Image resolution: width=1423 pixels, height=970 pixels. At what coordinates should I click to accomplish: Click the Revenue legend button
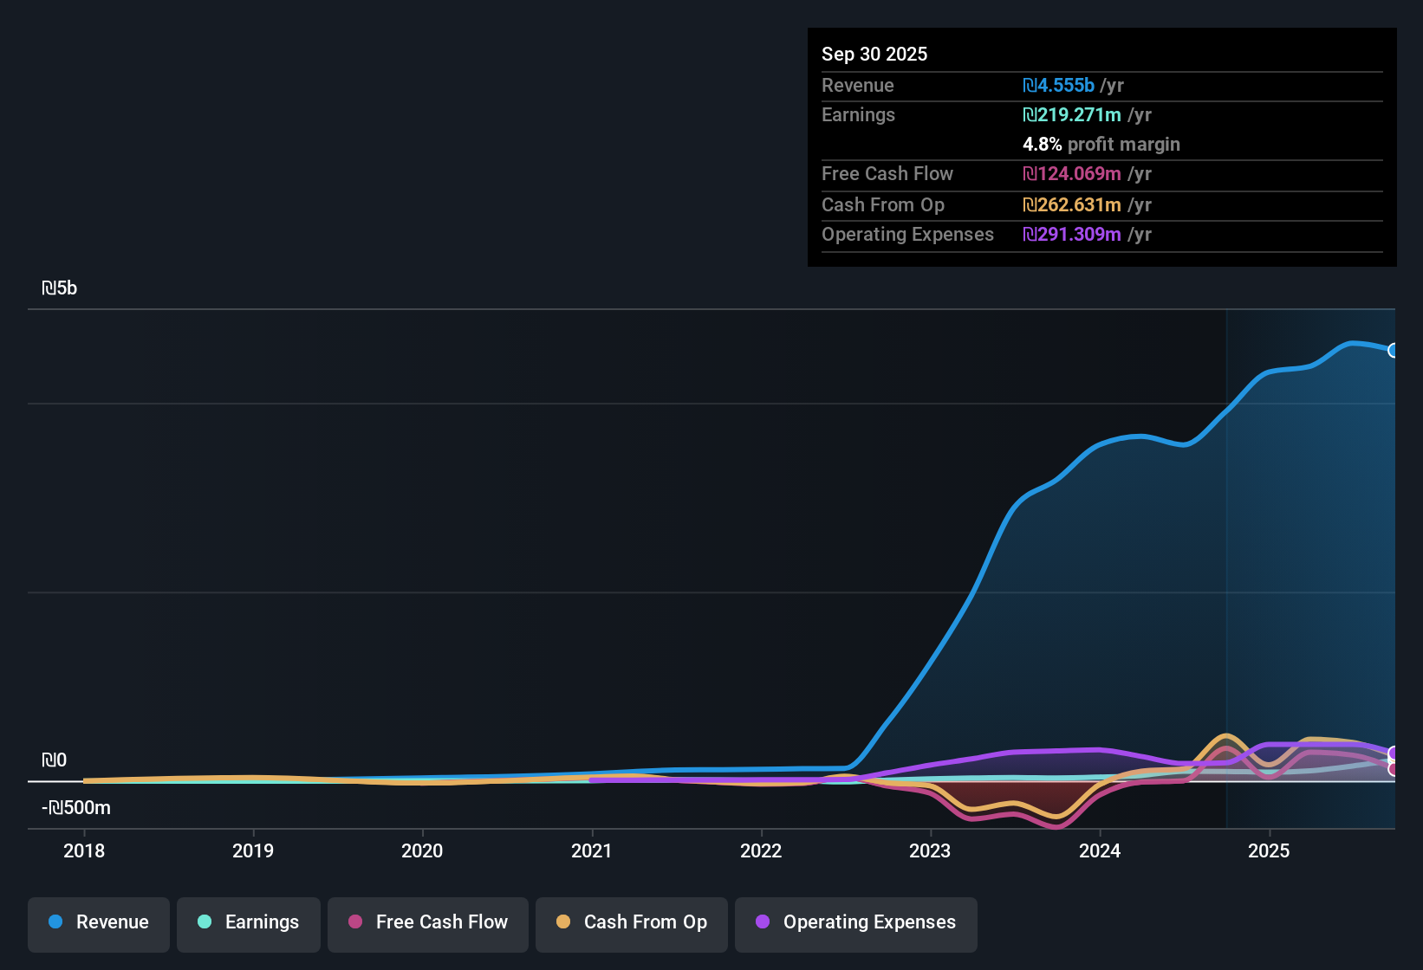coord(99,922)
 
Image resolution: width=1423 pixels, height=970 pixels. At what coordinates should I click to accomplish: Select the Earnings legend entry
coord(249,922)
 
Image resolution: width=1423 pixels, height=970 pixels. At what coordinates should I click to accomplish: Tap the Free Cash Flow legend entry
coord(428,922)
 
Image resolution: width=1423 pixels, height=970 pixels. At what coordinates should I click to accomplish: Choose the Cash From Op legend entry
coord(632,922)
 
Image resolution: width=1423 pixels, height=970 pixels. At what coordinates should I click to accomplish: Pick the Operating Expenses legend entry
coord(856,922)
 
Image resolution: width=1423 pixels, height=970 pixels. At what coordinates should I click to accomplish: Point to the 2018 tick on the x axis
coord(84,850)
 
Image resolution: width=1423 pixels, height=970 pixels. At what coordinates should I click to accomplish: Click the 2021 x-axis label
coord(592,850)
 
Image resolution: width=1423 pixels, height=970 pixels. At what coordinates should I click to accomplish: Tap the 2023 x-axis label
coord(930,850)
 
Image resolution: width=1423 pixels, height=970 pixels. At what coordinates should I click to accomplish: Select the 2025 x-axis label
coord(1269,850)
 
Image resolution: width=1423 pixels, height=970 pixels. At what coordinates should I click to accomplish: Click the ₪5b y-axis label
coord(59,288)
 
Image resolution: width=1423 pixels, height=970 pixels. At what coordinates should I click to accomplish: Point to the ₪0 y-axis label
coord(54,760)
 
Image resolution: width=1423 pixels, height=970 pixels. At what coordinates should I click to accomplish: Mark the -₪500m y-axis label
coord(76,808)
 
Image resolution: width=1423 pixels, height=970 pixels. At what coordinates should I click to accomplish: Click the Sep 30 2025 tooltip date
coord(874,55)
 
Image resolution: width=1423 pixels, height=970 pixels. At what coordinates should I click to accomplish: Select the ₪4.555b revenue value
coord(1058,86)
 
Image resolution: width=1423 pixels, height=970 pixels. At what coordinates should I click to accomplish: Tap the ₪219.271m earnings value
coord(1072,115)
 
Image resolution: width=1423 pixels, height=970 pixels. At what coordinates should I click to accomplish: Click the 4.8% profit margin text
coord(1101,145)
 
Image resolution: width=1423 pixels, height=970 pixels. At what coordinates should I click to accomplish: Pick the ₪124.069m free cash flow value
coord(1072,174)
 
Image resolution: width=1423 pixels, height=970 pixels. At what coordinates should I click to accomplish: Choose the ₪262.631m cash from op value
coord(1072,205)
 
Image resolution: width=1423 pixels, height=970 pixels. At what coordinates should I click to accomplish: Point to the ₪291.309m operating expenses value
coord(1072,235)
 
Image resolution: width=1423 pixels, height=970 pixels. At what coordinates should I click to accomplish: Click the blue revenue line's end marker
coord(1393,351)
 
